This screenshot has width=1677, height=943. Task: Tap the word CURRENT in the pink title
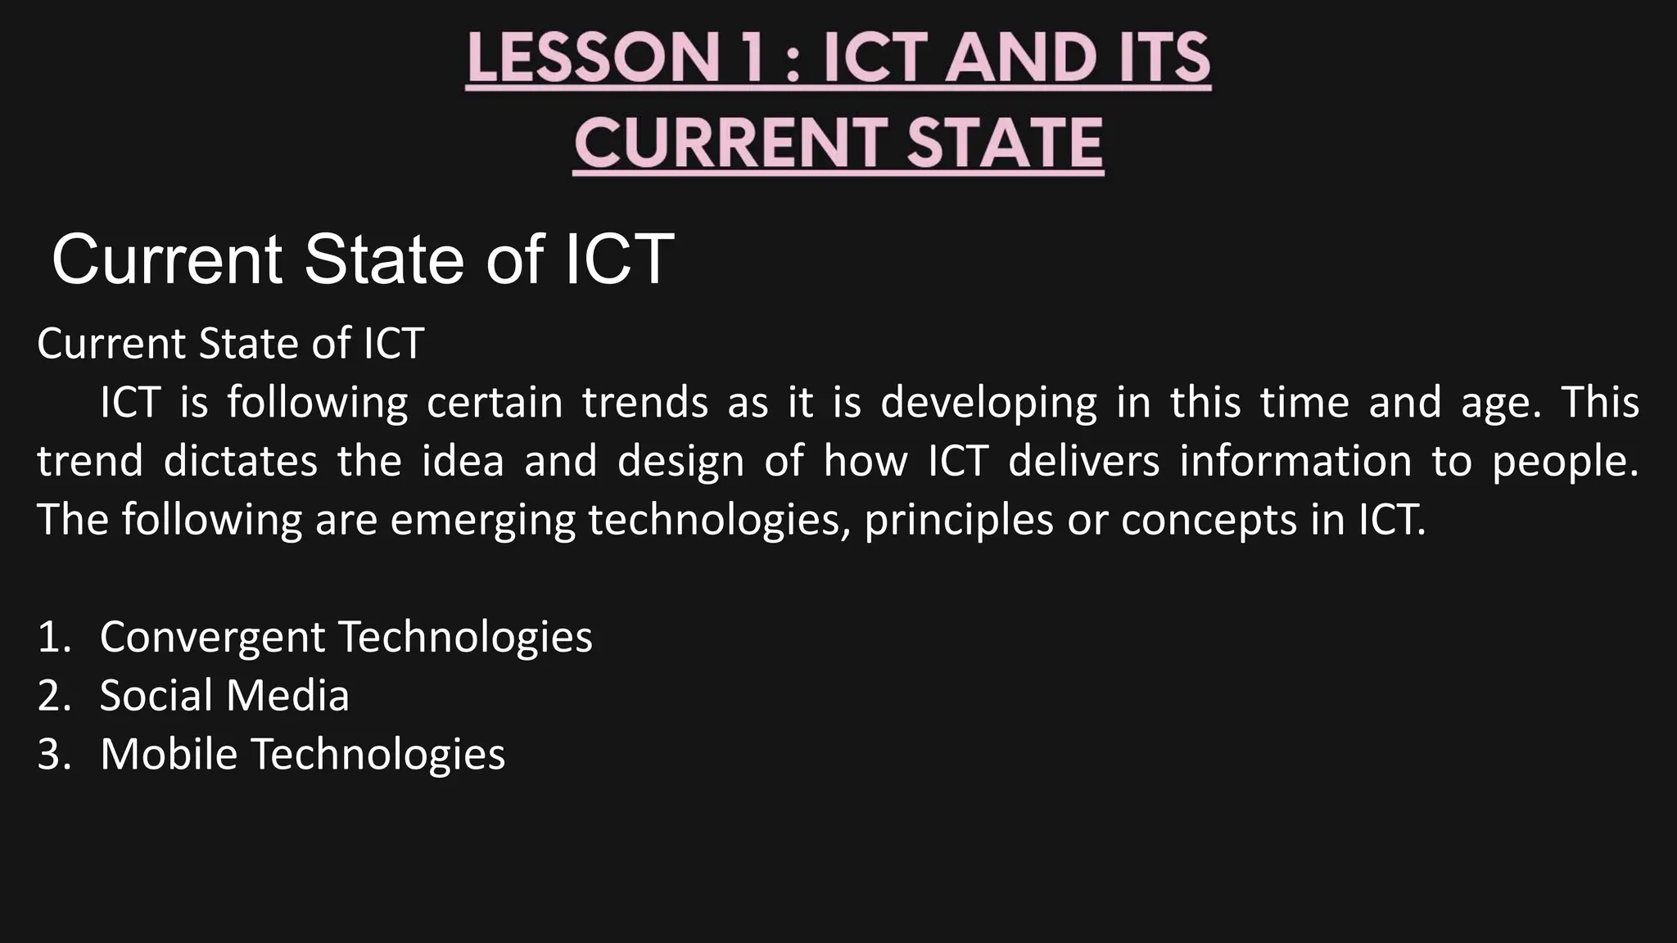(x=729, y=142)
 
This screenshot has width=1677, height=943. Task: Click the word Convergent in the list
(x=212, y=637)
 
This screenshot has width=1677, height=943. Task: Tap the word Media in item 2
(x=287, y=696)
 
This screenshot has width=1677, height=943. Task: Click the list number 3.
(x=53, y=754)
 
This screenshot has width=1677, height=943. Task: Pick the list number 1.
(x=53, y=637)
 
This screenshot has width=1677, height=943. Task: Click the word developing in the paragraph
(x=988, y=404)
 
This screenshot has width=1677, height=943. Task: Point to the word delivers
(x=1083, y=462)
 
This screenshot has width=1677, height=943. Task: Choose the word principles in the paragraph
(x=958, y=521)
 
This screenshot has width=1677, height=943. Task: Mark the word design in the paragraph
(x=680, y=462)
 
